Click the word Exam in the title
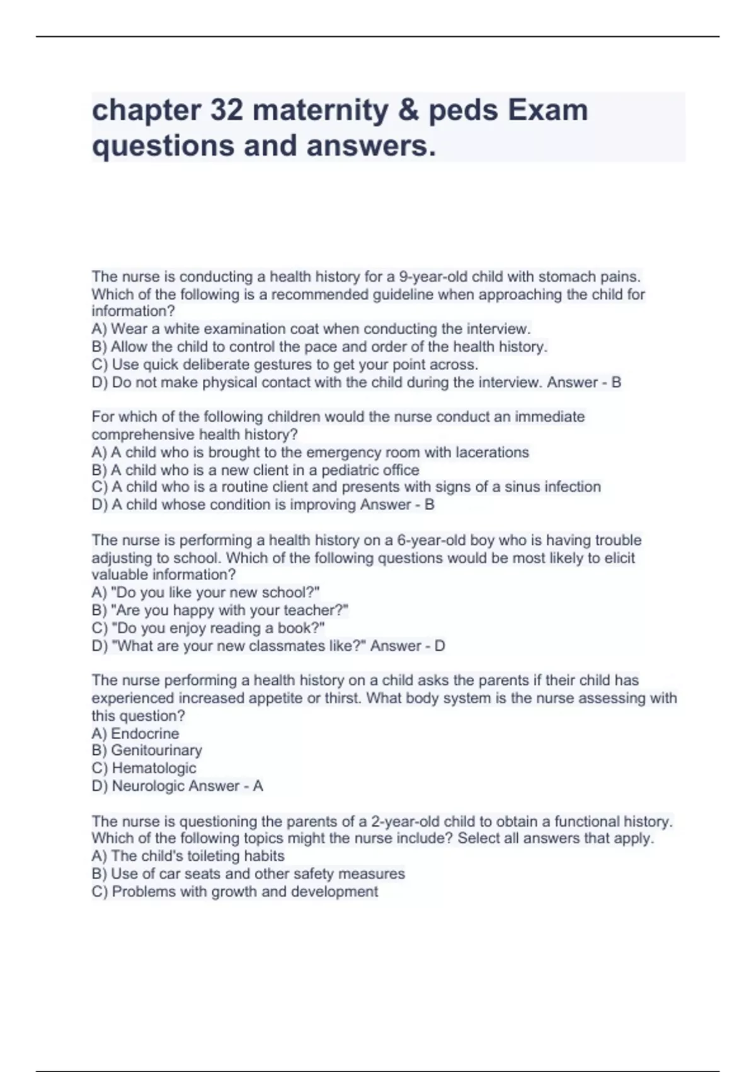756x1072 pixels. [x=547, y=110]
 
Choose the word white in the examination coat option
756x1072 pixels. [x=183, y=329]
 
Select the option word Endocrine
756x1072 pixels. [x=145, y=734]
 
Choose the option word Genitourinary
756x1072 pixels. [x=157, y=750]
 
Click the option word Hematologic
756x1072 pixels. [x=154, y=768]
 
